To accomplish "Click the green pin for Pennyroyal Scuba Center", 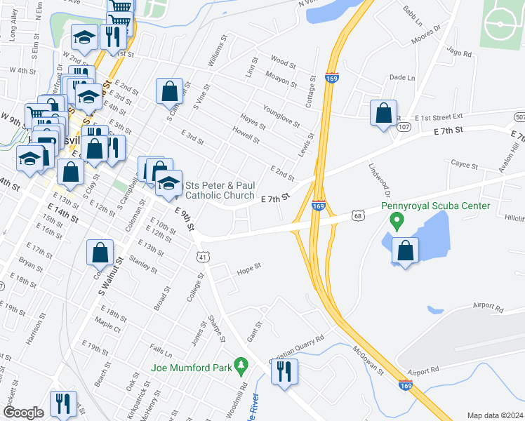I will tap(397, 222).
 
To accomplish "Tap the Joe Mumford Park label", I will tap(191, 367).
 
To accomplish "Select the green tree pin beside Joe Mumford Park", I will tap(242, 365).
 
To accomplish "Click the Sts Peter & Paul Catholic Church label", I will tap(220, 191).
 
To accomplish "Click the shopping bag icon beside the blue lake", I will tap(406, 251).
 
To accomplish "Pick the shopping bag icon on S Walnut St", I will tap(100, 253).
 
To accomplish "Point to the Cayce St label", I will tap(465, 166).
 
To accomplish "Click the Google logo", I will tap(23, 413).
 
